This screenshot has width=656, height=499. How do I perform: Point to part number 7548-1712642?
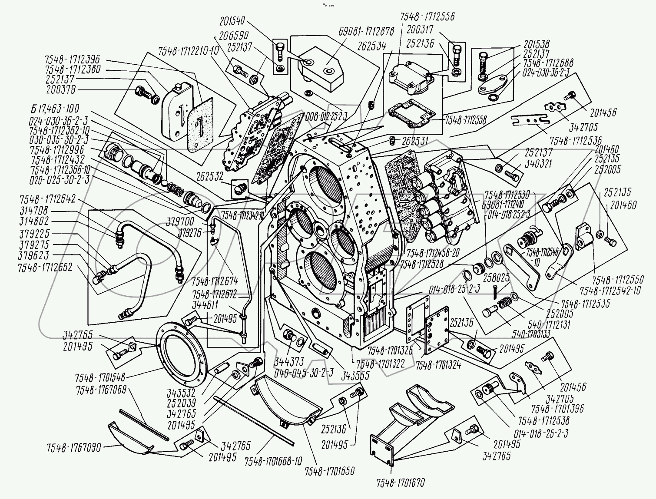point(47,199)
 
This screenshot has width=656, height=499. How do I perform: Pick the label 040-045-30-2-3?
point(304,372)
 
